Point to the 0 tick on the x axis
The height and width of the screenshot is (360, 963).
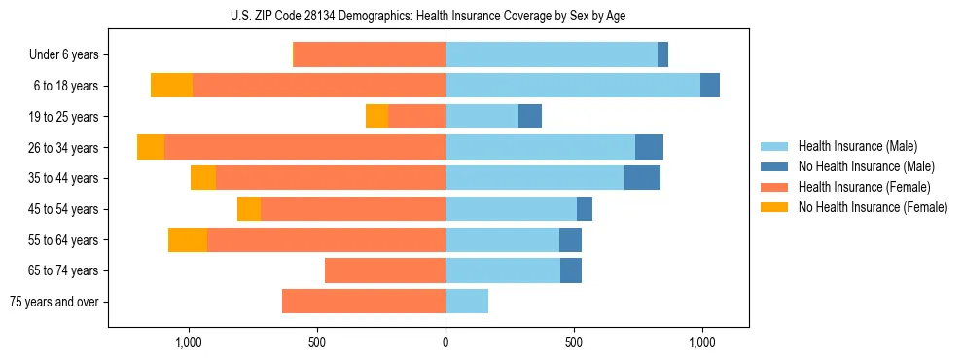pos(446,342)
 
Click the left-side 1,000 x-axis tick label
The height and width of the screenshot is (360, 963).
pos(188,342)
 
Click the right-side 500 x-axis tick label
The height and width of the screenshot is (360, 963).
pos(574,342)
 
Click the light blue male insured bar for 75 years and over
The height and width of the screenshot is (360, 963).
pos(467,302)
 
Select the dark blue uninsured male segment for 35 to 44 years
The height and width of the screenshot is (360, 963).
pos(642,178)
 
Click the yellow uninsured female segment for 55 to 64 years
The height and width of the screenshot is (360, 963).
pos(188,240)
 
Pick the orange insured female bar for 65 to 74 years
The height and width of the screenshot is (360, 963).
pos(385,270)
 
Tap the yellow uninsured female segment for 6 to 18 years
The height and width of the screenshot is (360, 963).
pos(171,86)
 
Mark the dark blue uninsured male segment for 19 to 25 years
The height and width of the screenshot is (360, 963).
pos(530,117)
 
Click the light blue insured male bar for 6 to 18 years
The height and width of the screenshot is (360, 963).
pos(573,86)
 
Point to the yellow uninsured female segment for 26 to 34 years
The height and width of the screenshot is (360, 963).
pos(151,147)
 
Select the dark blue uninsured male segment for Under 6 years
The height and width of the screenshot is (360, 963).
pos(662,55)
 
